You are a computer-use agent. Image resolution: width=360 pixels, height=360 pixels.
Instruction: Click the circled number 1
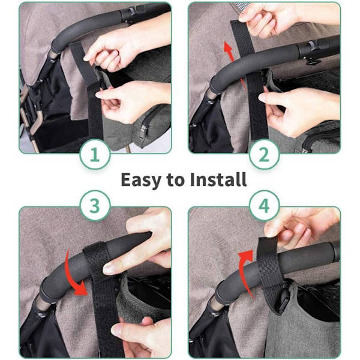pyautogui.click(x=95, y=155)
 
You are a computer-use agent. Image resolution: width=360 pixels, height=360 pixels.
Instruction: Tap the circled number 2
pyautogui.click(x=264, y=155)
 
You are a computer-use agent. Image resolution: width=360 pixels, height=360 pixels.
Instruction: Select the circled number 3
pyautogui.click(x=95, y=206)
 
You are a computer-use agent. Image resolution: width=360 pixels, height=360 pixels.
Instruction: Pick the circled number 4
pyautogui.click(x=264, y=206)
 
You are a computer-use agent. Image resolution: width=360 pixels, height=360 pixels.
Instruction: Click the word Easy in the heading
pyautogui.click(x=141, y=181)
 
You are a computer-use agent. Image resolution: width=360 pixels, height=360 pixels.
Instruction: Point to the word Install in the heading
pyautogui.click(x=218, y=179)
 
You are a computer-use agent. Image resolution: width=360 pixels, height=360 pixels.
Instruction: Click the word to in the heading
pyautogui.click(x=176, y=180)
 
